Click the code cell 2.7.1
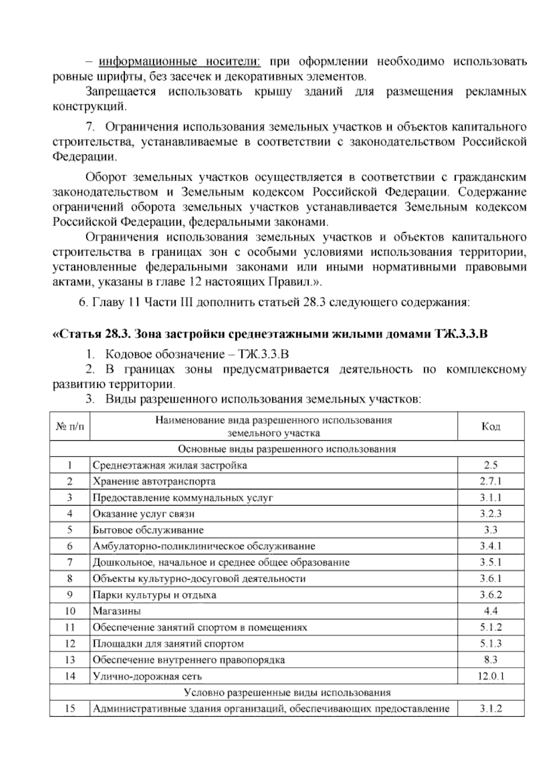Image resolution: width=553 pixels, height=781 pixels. pyautogui.click(x=490, y=481)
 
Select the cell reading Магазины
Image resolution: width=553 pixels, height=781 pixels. pyautogui.click(x=117, y=611)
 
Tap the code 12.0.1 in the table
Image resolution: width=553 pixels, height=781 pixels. pyautogui.click(x=490, y=676)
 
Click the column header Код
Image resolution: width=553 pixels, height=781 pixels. pyautogui.click(x=490, y=426)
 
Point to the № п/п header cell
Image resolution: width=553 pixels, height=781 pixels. pyautogui.click(x=70, y=426)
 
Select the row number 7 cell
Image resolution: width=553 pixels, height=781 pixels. pyautogui.click(x=70, y=562)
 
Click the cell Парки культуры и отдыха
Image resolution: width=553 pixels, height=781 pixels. pyautogui.click(x=154, y=595)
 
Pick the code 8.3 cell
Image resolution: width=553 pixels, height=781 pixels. pyautogui.click(x=490, y=659)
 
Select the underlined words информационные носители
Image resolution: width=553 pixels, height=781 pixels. pyautogui.click(x=180, y=61)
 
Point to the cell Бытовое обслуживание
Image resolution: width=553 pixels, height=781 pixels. pyautogui.click(x=148, y=530)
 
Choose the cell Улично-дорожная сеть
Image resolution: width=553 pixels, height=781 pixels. pyautogui.click(x=147, y=676)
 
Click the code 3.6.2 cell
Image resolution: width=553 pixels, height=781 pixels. pyautogui.click(x=490, y=595)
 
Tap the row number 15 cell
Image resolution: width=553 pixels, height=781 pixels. pyautogui.click(x=70, y=708)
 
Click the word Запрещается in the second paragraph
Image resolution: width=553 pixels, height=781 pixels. pyautogui.click(x=121, y=92)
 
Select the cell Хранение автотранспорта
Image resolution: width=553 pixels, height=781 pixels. pyautogui.click(x=154, y=481)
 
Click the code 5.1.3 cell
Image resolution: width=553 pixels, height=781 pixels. pyautogui.click(x=490, y=643)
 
